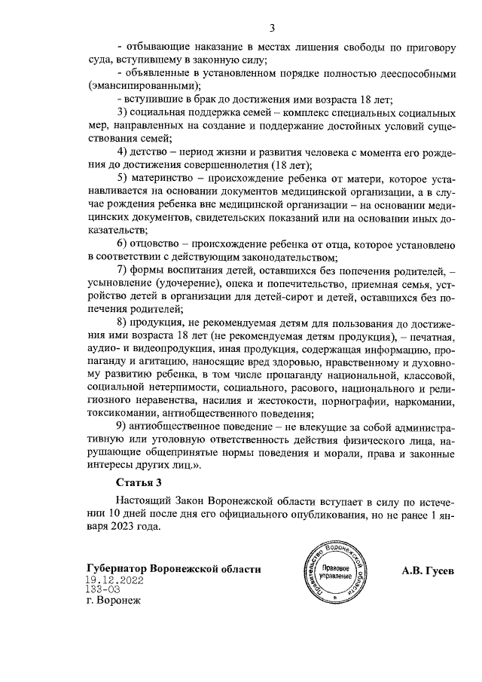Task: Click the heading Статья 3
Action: [139, 482]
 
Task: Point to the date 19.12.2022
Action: [114, 581]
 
